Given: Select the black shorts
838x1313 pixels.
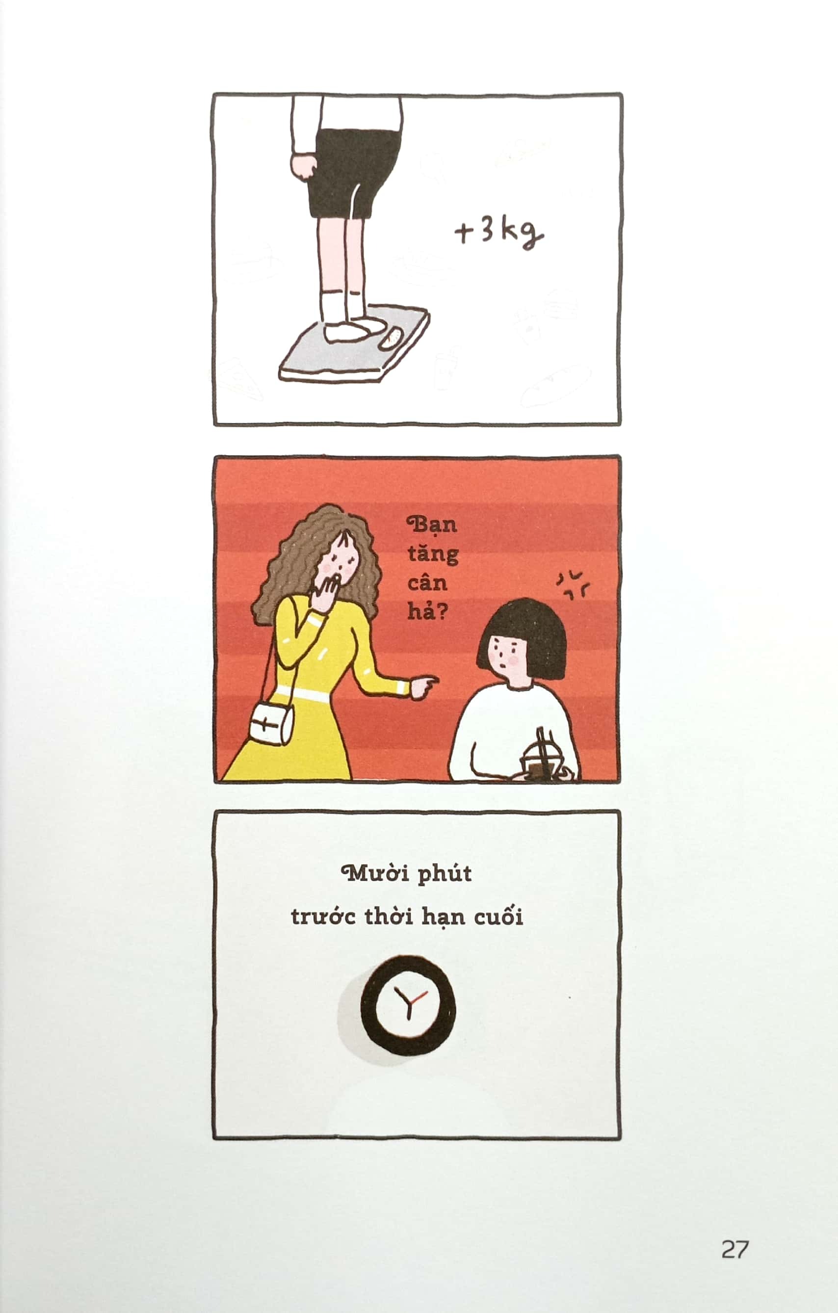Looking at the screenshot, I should coord(354,169).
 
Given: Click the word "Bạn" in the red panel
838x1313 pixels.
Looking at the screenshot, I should coord(432,525).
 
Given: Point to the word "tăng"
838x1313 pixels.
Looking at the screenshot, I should coord(433,554).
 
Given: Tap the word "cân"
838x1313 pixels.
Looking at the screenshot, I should coord(427,583).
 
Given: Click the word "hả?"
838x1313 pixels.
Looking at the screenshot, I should coord(427,612).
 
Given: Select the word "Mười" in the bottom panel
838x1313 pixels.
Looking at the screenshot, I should coord(375,873).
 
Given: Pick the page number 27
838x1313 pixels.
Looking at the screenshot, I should coord(735,1249).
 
